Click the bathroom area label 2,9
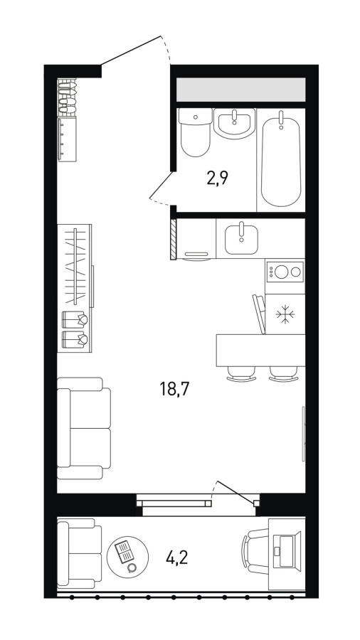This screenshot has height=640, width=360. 217,178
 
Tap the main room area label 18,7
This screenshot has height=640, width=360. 175,390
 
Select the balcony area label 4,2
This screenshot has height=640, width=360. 176,557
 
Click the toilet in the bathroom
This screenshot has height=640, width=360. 195,132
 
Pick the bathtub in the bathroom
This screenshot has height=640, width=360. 281,159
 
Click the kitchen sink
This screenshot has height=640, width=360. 241,239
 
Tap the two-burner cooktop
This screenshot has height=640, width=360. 285,272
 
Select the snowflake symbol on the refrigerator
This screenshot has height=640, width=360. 284,314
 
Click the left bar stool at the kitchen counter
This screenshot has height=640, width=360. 240,373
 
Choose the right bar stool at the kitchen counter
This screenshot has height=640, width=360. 283,373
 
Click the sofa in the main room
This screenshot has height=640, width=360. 84,428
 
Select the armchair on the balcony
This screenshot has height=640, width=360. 79,553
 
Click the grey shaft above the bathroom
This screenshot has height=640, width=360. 240,90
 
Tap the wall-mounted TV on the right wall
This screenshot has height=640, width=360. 303,434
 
